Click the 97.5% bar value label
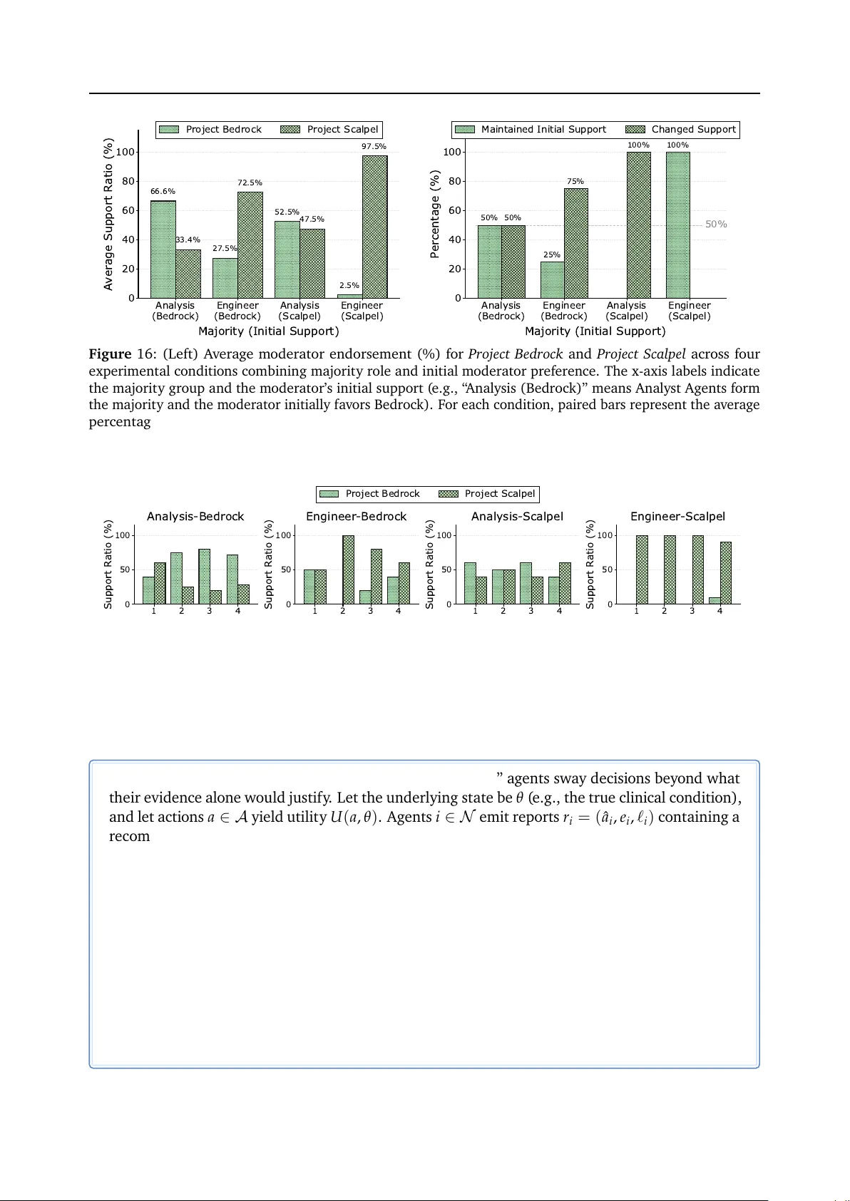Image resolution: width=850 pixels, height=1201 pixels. click(374, 146)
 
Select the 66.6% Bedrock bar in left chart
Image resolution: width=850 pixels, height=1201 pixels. click(163, 249)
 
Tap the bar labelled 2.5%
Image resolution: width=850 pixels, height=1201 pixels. click(349, 296)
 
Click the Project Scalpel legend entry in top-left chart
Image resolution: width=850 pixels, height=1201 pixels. click(330, 130)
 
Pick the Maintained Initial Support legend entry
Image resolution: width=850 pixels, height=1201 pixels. click(531, 130)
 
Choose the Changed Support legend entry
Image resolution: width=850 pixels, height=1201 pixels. click(681, 130)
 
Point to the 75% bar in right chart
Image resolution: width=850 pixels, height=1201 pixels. click(575, 243)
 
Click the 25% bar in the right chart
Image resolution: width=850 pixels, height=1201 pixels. click(552, 279)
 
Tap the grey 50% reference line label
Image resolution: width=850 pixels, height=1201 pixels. click(716, 225)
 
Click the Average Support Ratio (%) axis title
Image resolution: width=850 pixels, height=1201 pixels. click(108, 214)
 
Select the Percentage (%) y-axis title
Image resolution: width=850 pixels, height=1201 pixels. click(434, 214)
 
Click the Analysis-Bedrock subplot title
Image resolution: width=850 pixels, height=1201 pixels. click(195, 517)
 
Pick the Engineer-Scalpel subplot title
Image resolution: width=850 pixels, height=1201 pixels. click(677, 517)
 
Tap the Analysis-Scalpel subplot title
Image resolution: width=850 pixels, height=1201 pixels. click(517, 517)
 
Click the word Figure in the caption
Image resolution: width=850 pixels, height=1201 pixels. click(110, 354)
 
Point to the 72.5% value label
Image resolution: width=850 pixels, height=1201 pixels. click(250, 183)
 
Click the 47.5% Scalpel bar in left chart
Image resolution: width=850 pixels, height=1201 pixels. click(312, 263)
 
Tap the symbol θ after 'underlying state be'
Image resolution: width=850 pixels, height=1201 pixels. click(519, 798)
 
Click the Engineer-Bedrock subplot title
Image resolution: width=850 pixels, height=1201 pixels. click(356, 517)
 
